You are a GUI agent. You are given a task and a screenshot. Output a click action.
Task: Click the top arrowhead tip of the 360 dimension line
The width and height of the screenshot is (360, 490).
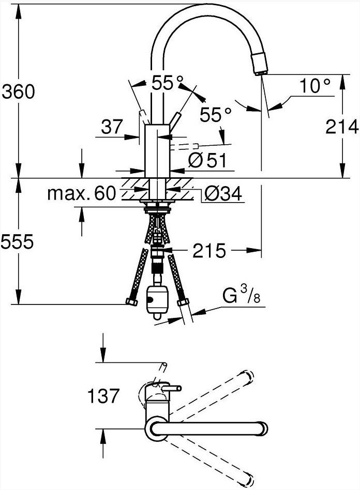(19, 4)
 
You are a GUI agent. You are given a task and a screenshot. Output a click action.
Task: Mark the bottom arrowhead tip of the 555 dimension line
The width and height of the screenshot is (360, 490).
(19, 304)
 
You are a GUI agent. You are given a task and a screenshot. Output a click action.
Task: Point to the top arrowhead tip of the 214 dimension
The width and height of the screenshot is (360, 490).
(343, 74)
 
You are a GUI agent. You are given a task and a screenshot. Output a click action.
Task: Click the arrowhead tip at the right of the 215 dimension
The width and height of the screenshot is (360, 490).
(261, 250)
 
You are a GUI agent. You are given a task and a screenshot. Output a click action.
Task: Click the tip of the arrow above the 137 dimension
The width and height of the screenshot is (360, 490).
(102, 362)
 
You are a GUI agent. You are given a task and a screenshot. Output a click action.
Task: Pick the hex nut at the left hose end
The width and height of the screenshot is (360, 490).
(132, 302)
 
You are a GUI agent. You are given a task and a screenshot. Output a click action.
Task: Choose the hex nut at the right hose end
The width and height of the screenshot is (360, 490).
(183, 302)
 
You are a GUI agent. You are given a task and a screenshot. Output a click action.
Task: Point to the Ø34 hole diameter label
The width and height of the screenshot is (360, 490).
(223, 194)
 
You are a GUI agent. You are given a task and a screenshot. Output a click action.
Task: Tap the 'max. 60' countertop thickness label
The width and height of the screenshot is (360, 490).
(82, 193)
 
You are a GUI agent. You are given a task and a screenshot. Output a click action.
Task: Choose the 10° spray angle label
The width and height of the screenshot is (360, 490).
(315, 85)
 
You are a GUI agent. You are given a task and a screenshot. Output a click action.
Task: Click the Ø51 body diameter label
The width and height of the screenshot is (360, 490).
(207, 161)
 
